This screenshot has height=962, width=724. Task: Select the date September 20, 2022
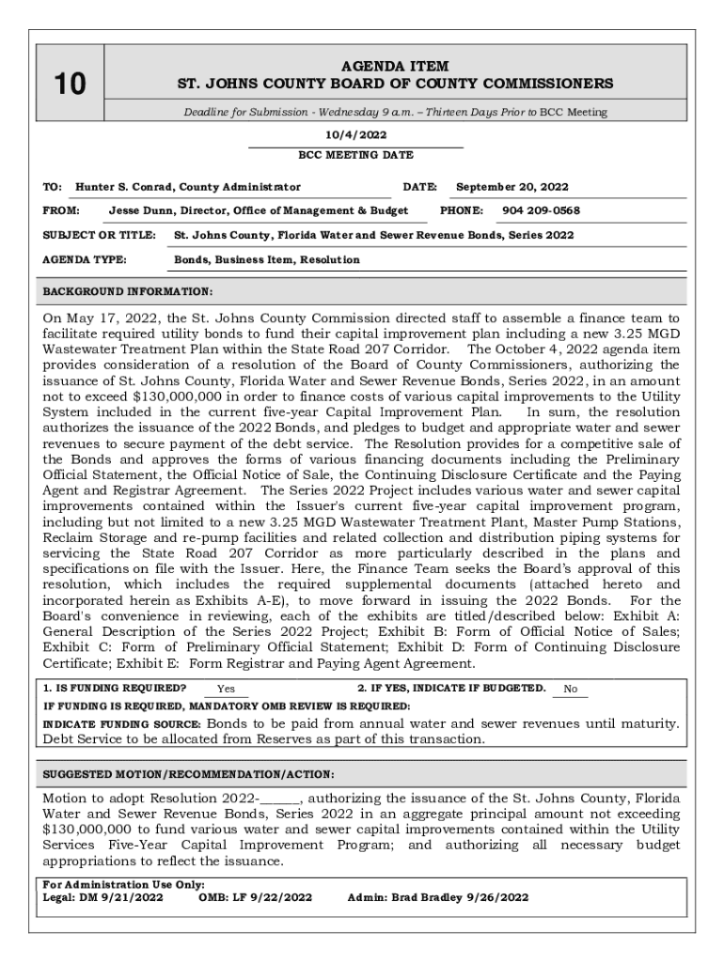coord(512,187)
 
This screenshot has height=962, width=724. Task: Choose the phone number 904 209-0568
coord(541,210)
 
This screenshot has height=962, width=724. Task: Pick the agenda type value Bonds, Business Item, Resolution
coord(266,259)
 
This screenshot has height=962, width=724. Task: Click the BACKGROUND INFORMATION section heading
coord(128,291)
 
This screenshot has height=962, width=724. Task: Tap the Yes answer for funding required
coord(226,689)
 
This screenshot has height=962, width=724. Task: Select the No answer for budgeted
coord(570,689)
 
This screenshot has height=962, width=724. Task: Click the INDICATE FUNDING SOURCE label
coord(122,724)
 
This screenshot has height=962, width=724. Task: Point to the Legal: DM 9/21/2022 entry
coord(103,897)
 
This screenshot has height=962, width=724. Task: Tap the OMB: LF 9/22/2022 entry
coord(254,897)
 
